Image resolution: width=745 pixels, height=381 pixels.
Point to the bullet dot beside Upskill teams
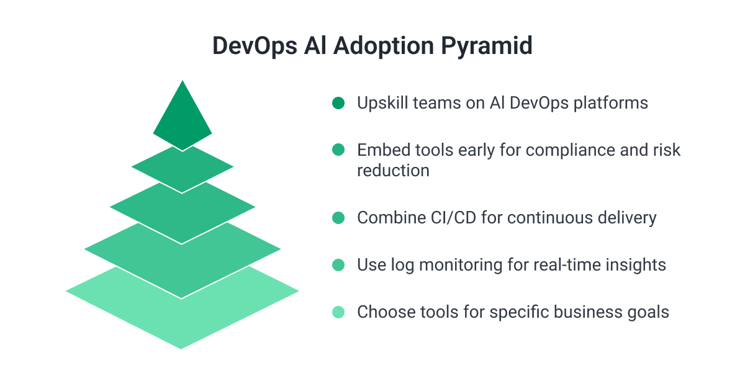pyautogui.click(x=338, y=103)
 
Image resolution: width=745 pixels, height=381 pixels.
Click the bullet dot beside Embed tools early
pyautogui.click(x=338, y=150)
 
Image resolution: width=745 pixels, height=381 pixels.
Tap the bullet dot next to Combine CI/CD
pyautogui.click(x=338, y=218)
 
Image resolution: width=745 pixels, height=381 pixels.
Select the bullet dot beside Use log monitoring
pyautogui.click(x=338, y=265)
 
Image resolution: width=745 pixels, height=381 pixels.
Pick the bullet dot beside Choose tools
pyautogui.click(x=338, y=312)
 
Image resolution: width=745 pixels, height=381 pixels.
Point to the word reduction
pyautogui.click(x=393, y=171)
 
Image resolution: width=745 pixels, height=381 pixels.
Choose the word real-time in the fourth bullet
pyautogui.click(x=567, y=265)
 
